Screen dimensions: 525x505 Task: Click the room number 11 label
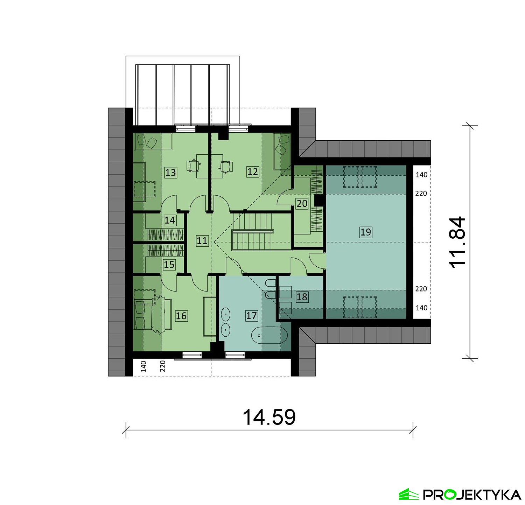click(x=202, y=241)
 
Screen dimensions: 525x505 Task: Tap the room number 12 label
click(x=252, y=172)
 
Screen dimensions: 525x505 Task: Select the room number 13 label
click(x=171, y=173)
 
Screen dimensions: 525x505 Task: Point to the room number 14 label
click(x=170, y=220)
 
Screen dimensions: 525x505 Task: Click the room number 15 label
click(x=169, y=265)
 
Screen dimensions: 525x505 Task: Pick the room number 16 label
click(x=181, y=316)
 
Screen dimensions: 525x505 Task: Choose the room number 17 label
click(x=251, y=316)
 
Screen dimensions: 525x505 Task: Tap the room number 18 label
click(x=302, y=297)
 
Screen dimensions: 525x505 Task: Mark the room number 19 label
click(x=365, y=232)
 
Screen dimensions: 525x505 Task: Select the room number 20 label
click(x=302, y=203)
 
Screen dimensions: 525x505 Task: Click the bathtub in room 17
click(x=269, y=336)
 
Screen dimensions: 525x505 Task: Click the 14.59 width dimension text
click(x=269, y=417)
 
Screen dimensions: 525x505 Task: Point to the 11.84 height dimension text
click(x=457, y=242)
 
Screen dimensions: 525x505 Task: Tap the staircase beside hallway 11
click(x=252, y=231)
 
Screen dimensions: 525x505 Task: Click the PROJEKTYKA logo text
click(x=472, y=495)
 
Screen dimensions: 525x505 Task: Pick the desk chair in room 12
click(x=226, y=166)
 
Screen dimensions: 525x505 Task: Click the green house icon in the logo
click(x=409, y=494)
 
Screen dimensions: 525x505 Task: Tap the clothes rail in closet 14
click(x=166, y=234)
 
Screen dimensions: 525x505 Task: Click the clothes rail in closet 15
click(x=166, y=251)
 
